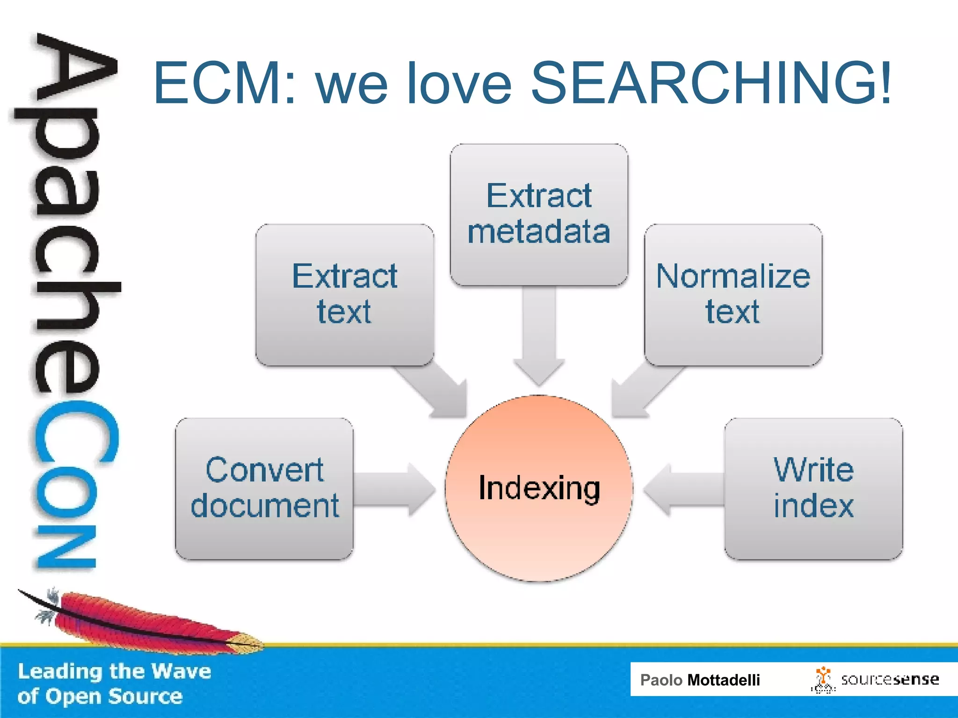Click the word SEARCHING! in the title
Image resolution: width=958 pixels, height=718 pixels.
[x=711, y=83]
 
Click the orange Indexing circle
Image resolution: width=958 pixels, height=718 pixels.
[x=539, y=488]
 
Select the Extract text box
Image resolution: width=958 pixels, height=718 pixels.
[x=345, y=294]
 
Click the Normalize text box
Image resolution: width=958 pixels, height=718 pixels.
[x=733, y=294]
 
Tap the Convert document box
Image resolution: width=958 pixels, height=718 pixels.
[x=264, y=488]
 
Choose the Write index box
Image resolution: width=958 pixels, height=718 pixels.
[x=813, y=488]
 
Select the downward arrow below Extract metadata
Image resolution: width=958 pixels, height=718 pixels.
[x=539, y=337]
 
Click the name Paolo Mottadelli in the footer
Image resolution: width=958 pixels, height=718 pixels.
[x=700, y=680]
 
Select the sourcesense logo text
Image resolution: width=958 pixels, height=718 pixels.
[x=890, y=679]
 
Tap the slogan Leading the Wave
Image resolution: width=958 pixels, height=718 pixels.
[x=115, y=671]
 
